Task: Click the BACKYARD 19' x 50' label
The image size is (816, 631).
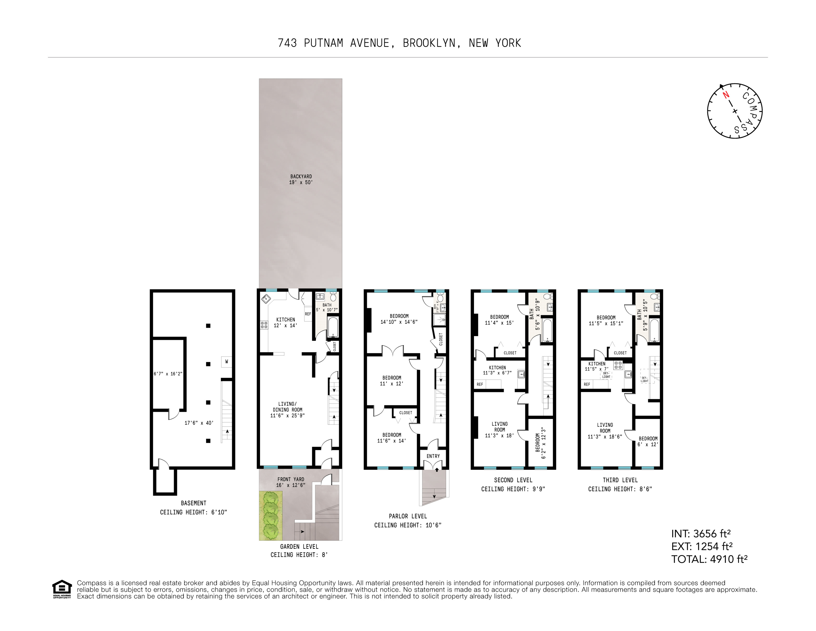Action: [x=301, y=179]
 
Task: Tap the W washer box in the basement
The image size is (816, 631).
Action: [x=227, y=361]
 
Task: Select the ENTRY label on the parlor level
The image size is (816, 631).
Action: [x=433, y=456]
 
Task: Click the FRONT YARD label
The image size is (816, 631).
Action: [x=291, y=482]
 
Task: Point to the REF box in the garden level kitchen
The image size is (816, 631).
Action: [x=308, y=314]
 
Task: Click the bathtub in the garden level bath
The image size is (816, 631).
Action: [x=333, y=327]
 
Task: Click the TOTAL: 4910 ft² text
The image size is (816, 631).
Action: [x=709, y=559]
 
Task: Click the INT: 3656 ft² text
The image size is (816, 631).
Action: [x=701, y=534]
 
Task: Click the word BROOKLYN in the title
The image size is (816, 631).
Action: [x=429, y=43]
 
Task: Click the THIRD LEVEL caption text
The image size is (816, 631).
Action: [x=620, y=480]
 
